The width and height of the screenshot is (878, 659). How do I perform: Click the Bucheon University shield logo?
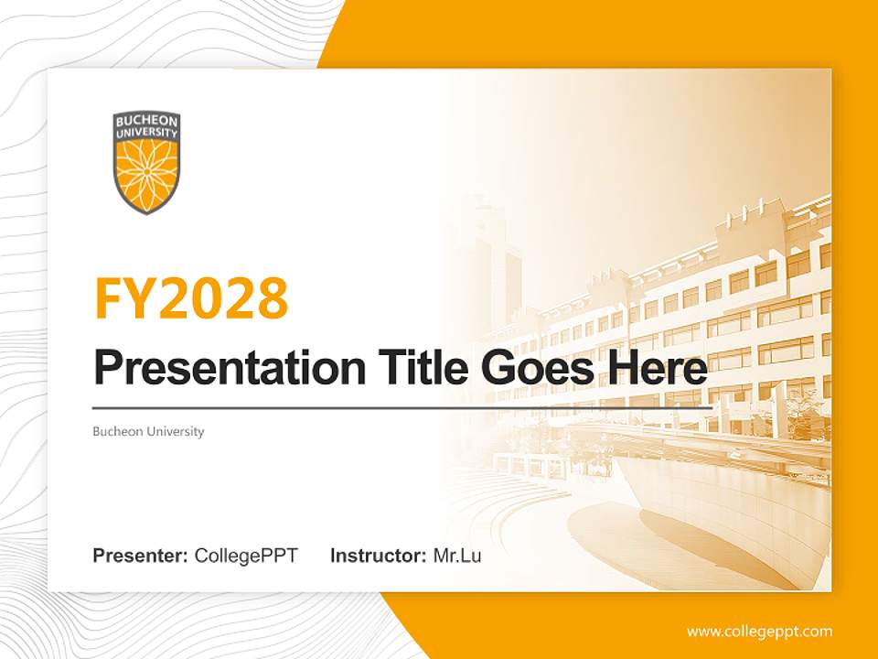tap(146, 162)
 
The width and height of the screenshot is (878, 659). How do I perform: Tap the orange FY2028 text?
tap(191, 298)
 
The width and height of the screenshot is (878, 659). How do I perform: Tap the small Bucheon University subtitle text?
tap(148, 431)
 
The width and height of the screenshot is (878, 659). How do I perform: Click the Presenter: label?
tap(141, 556)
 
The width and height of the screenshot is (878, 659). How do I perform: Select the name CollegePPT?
tap(246, 556)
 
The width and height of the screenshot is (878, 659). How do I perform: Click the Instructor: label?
tap(378, 556)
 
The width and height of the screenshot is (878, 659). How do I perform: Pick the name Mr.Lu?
tap(457, 556)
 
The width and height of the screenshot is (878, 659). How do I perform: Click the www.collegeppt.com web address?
tap(759, 632)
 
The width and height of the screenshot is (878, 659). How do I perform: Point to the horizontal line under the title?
tap(402, 407)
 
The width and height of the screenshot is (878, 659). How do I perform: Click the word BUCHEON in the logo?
tap(146, 121)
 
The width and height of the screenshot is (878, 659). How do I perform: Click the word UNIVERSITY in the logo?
tap(146, 132)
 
